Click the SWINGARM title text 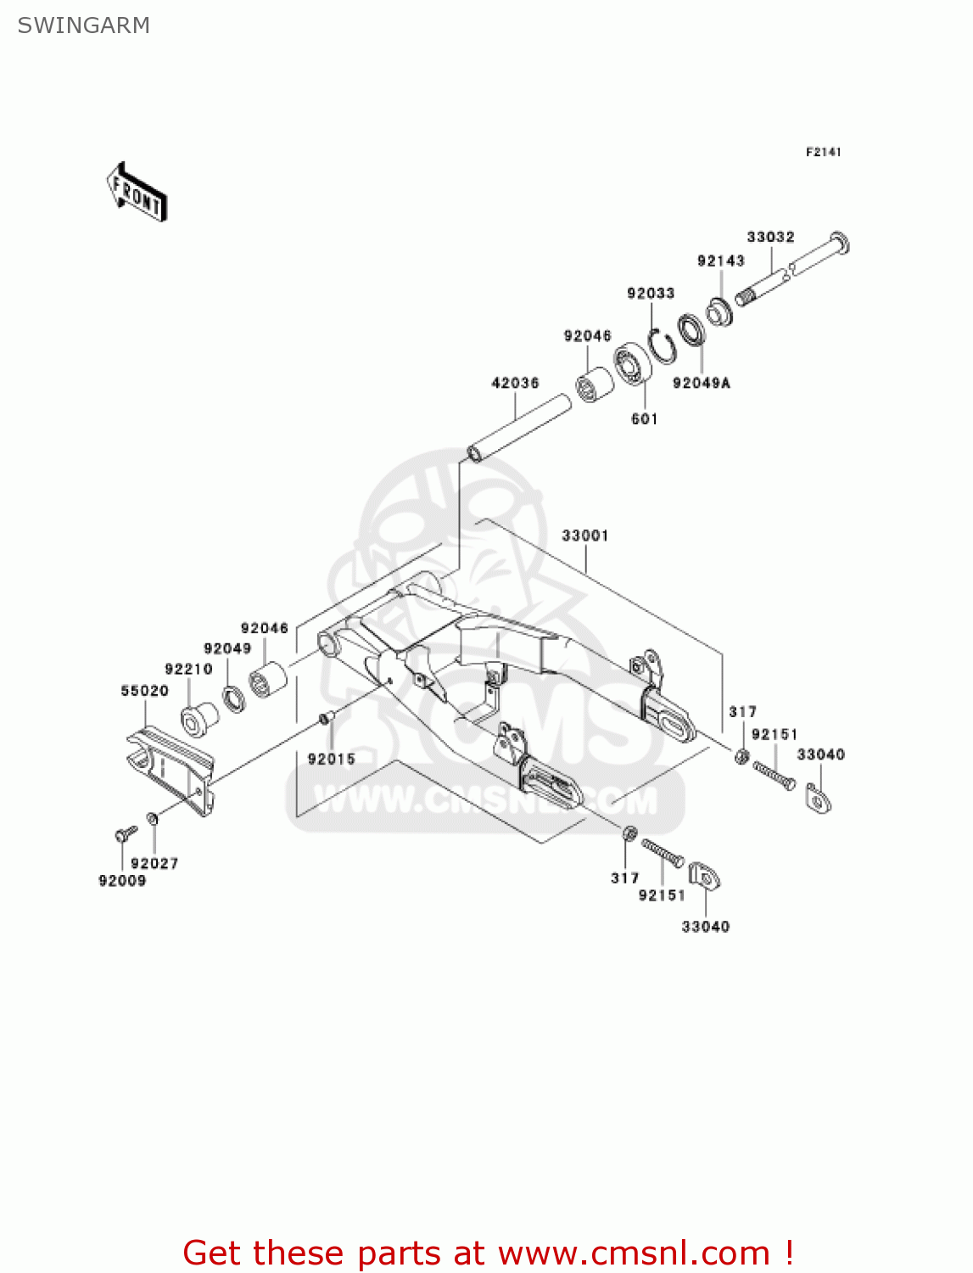coord(83,25)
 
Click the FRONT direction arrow coord(137,193)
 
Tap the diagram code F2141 coord(823,152)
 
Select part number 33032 coord(770,237)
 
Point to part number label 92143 coord(720,261)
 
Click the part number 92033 coord(651,293)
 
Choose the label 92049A coord(701,383)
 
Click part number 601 coord(644,418)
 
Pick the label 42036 coord(515,383)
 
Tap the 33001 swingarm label coord(584,536)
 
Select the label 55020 coord(144,691)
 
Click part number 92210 coord(188,669)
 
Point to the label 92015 coord(331,759)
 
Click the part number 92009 coord(122,881)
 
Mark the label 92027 coord(154,863)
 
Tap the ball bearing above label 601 coord(633,364)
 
